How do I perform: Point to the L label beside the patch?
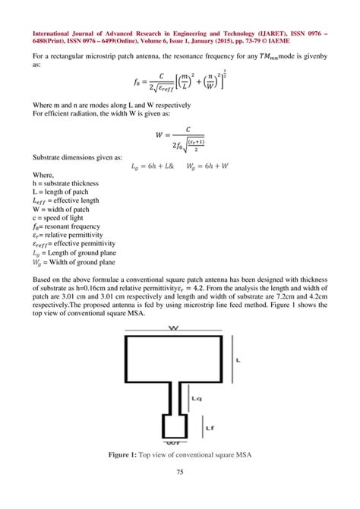pyautogui.click(x=237, y=359)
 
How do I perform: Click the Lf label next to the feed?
pyautogui.click(x=207, y=428)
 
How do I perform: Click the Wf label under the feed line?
pyautogui.click(x=174, y=443)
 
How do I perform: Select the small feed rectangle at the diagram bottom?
pyautogui.click(x=174, y=426)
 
